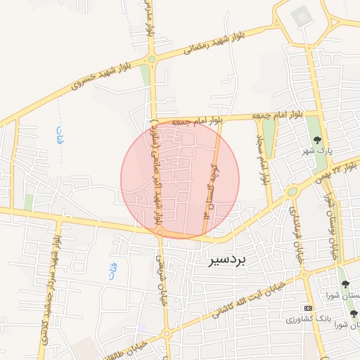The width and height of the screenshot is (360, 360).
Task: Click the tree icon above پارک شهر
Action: click(x=317, y=139)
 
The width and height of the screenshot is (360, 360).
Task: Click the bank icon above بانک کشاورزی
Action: click(x=309, y=308)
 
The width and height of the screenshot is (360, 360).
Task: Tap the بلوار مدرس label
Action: click(x=150, y=21)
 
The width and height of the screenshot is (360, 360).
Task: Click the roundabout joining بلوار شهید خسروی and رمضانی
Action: click(x=151, y=59)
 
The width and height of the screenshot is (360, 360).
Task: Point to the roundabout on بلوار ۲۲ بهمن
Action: click(x=292, y=192)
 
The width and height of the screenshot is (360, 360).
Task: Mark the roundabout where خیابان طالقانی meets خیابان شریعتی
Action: click(x=167, y=333)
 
